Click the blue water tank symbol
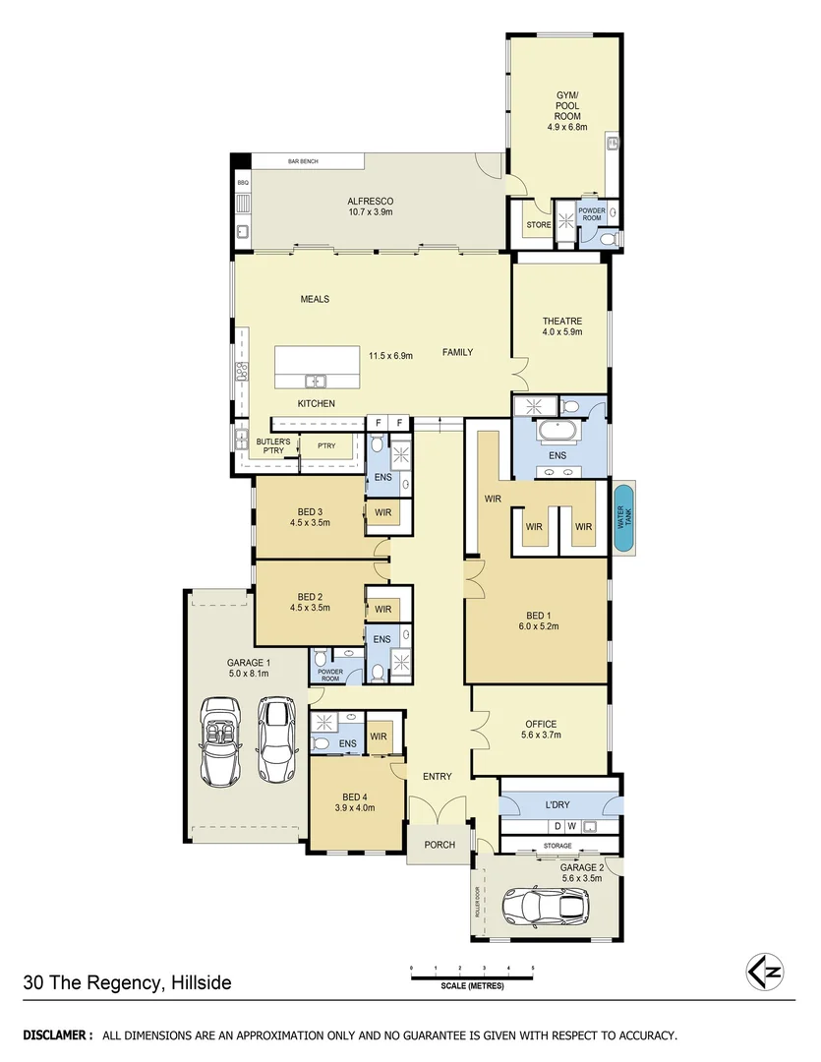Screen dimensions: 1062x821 click(623, 518)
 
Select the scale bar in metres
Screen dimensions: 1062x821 click(472, 976)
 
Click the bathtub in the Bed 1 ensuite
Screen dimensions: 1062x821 click(558, 430)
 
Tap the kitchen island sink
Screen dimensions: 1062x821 click(315, 381)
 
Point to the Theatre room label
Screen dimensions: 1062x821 click(562, 322)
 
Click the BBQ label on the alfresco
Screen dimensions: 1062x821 click(243, 183)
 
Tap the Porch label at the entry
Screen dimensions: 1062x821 click(439, 845)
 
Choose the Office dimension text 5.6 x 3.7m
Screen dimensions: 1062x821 click(541, 737)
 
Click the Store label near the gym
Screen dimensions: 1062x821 click(539, 225)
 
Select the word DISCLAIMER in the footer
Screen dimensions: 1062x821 click(58, 1035)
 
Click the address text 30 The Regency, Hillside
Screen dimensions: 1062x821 click(128, 982)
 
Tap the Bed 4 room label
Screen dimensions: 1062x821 click(355, 796)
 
